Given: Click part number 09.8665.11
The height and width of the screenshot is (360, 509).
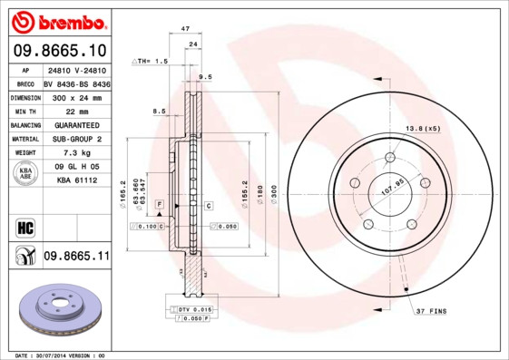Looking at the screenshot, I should click(76, 257).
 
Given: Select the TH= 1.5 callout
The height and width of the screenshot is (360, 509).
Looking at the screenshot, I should click(152, 61).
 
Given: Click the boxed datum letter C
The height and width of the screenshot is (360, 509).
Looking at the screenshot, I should click(208, 206).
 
